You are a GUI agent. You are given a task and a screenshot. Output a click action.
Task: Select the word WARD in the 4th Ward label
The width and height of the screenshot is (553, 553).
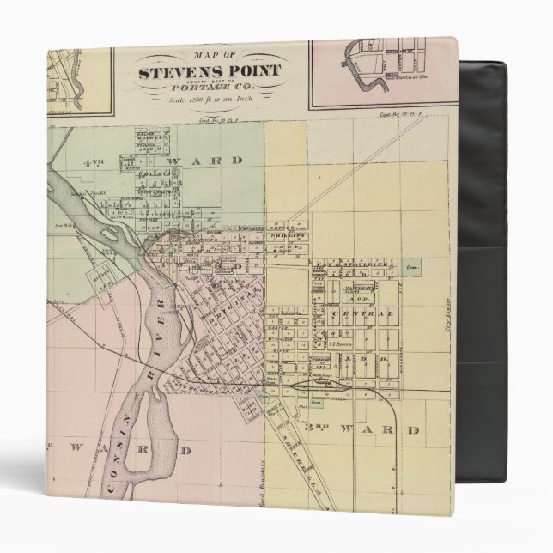point(210,161)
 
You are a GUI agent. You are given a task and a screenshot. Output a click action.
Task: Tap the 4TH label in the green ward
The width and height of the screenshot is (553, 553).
point(91,161)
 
